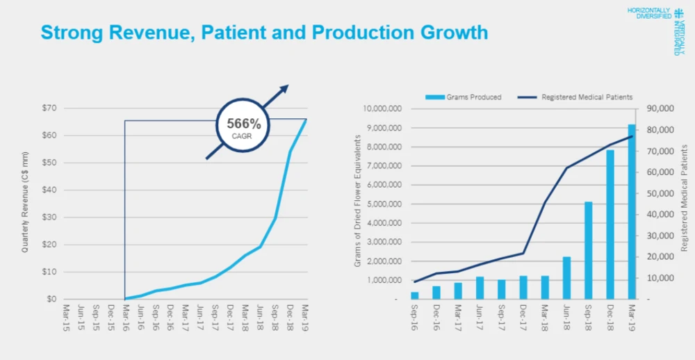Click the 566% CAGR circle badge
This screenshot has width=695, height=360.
pyautogui.click(x=244, y=127)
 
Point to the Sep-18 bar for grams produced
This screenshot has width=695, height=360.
pyautogui.click(x=588, y=250)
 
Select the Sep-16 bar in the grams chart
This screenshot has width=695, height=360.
pyautogui.click(x=415, y=295)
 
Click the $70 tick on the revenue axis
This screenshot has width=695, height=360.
pyautogui.click(x=48, y=108)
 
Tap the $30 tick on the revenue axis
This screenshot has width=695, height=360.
pyautogui.click(x=48, y=218)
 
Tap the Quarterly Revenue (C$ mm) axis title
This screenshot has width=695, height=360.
pyautogui.click(x=26, y=204)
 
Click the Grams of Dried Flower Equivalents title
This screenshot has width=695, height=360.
pyautogui.click(x=358, y=202)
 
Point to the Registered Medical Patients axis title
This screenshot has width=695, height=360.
pyautogui.click(x=684, y=197)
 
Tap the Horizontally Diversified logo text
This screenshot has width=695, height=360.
pyautogui.click(x=649, y=13)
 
